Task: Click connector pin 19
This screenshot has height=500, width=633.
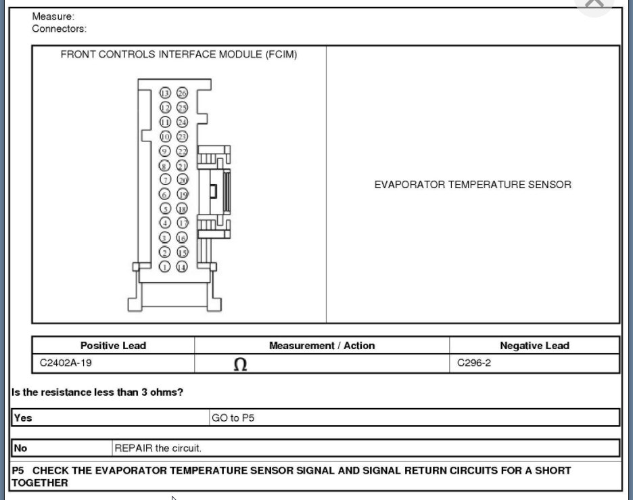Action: [x=182, y=194]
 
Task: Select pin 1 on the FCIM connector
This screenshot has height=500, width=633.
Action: [x=165, y=267]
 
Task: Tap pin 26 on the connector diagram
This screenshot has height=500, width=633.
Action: [x=182, y=93]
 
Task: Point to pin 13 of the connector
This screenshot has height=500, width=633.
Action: [x=165, y=93]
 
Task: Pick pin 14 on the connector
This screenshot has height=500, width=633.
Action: [x=182, y=267]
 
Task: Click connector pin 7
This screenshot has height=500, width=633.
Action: [x=165, y=179]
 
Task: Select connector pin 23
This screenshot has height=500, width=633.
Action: [x=182, y=136]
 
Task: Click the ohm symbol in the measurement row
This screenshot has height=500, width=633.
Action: [x=240, y=365]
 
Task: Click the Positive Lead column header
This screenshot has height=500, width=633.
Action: [x=113, y=346]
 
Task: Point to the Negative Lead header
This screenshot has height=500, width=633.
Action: [x=534, y=346]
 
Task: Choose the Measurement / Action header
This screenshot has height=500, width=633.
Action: [x=322, y=346]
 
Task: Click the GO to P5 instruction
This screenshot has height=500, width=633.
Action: [x=233, y=418]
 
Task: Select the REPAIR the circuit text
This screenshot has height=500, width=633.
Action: [x=158, y=448]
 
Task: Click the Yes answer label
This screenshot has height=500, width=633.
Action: [x=23, y=418]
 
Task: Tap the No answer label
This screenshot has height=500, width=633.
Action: [x=21, y=448]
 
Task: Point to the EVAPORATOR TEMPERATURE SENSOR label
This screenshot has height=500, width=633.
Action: [x=473, y=185]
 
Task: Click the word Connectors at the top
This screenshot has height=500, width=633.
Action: [x=60, y=29]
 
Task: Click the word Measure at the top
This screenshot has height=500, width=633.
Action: [x=53, y=16]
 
